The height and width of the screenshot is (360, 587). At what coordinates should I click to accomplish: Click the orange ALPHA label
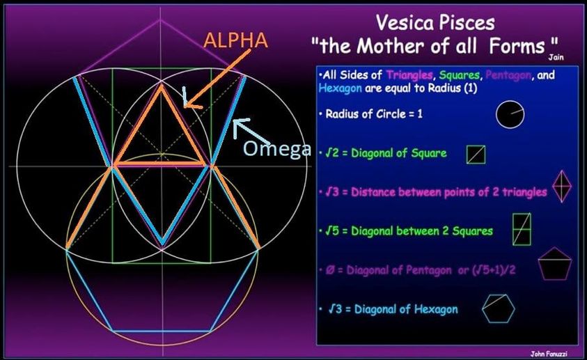pyautogui.click(x=236, y=40)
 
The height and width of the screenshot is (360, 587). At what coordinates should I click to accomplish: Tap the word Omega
pyautogui.click(x=277, y=148)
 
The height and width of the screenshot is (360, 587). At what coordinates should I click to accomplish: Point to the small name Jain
pyautogui.click(x=556, y=57)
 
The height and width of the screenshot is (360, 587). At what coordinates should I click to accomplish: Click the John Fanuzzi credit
pyautogui.click(x=549, y=354)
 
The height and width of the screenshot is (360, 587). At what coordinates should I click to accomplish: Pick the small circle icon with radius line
pyautogui.click(x=510, y=114)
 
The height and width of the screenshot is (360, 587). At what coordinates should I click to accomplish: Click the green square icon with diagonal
pyautogui.click(x=476, y=155)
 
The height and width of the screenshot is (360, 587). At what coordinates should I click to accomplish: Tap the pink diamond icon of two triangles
pyautogui.click(x=562, y=186)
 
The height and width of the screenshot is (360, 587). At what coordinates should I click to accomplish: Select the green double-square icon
pyautogui.click(x=522, y=229)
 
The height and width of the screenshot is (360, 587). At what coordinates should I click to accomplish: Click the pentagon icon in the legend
pyautogui.click(x=555, y=263)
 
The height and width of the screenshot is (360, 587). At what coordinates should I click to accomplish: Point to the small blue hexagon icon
pyautogui.click(x=499, y=308)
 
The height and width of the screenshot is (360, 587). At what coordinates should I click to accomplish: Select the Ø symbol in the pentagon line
pyautogui.click(x=330, y=269)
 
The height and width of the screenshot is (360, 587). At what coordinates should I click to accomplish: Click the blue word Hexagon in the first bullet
pyautogui.click(x=340, y=88)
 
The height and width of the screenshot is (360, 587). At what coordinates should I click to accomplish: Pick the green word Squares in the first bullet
pyautogui.click(x=460, y=75)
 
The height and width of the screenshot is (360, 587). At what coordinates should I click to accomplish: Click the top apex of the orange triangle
pyautogui.click(x=162, y=86)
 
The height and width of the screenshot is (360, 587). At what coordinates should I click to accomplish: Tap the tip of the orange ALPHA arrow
pyautogui.click(x=186, y=106)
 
